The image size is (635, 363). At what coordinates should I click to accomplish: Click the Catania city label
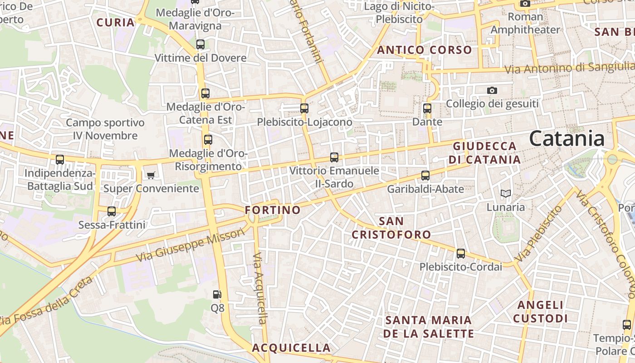pos(567,138)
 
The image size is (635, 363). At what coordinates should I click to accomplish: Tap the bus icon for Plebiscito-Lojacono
pos(304,108)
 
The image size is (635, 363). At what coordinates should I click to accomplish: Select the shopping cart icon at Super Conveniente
pos(151,175)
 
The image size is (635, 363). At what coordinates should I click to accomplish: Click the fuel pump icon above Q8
pos(217,294)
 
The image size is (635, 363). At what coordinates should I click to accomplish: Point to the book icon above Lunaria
pos(505,194)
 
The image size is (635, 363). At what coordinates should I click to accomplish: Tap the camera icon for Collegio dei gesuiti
pos(492,91)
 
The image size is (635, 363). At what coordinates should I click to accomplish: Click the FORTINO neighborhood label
pos(273,210)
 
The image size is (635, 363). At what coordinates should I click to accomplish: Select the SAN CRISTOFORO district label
pos(391,228)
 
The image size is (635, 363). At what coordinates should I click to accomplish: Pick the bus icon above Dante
pos(427,108)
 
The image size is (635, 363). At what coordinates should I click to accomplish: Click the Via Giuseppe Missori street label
pos(190,245)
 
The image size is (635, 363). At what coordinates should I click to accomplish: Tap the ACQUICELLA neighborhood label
pos(291,348)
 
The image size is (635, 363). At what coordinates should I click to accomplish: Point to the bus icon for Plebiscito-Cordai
pos(461,254)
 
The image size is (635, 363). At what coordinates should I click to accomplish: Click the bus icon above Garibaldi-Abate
pos(425,175)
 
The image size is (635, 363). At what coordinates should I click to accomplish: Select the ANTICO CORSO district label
pos(425,50)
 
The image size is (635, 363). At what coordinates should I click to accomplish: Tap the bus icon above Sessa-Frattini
pos(112,211)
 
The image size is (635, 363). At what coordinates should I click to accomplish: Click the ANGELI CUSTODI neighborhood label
pos(540,312)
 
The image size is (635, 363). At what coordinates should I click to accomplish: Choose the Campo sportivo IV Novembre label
pos(105,129)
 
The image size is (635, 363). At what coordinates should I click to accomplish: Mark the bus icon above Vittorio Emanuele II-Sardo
pos(334,157)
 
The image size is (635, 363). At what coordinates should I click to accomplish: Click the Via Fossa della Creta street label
pos(45,302)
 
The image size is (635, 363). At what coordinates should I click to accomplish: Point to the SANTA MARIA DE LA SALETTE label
pos(429,327)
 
